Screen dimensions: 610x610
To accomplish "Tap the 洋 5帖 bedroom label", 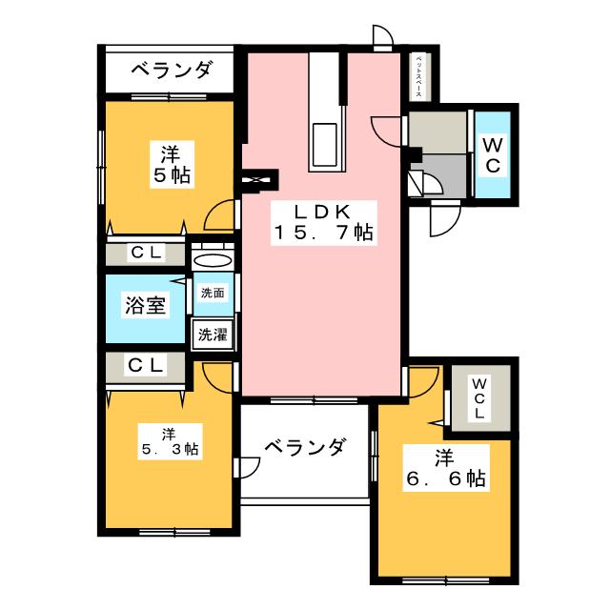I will (170, 163).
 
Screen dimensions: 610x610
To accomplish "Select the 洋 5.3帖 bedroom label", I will (167, 440).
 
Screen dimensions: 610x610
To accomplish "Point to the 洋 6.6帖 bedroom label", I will (444, 468).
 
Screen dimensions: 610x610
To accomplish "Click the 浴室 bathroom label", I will (146, 307).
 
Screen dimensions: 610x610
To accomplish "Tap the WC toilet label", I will (493, 154).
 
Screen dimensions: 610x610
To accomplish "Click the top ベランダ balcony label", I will (169, 71).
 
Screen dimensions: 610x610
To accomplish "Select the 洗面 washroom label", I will (212, 294).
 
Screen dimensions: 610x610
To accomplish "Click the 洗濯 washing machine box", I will (212, 335).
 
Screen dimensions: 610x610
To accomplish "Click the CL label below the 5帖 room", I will (146, 254).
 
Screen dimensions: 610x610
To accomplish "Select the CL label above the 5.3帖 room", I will (146, 364).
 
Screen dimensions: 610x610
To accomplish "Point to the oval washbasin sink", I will (212, 260).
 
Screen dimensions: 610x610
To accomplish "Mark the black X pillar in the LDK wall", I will (258, 178).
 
